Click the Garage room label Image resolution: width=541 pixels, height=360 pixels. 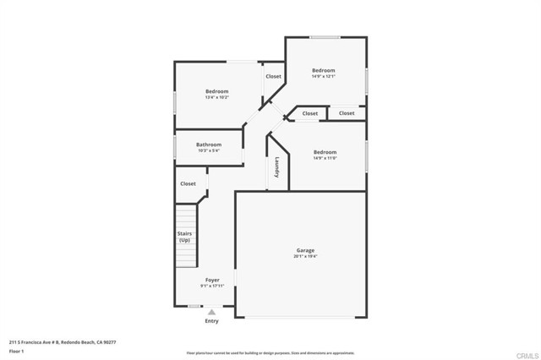305,250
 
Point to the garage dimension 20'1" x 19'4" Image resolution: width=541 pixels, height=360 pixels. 305,257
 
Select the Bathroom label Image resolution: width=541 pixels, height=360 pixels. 209,145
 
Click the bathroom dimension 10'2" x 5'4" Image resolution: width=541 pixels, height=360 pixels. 209,151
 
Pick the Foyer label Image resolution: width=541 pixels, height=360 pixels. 212,280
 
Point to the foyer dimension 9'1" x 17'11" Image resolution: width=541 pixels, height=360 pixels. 212,286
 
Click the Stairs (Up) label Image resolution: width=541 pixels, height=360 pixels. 184,237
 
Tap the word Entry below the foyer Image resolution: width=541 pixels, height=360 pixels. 211,321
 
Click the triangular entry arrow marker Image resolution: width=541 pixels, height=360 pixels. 211,311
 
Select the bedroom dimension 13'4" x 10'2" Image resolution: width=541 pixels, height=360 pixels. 217,98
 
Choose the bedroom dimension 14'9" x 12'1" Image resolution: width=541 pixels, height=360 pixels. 324,77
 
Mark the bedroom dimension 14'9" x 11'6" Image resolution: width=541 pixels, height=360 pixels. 325,158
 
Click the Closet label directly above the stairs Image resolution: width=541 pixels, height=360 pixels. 188,183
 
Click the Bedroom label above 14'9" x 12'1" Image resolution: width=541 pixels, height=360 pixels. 324,70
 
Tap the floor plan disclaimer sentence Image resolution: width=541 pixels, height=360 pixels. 270,352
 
